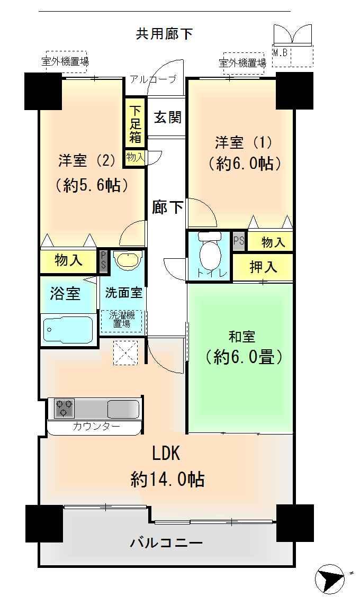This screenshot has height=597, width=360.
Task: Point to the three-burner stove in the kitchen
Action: (x=65, y=408)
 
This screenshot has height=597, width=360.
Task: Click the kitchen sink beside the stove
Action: (x=123, y=409)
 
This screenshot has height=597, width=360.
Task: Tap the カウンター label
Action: (x=96, y=427)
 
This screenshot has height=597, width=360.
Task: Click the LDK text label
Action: (x=166, y=454)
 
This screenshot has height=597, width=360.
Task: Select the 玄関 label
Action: (x=168, y=117)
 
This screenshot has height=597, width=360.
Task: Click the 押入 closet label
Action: (x=263, y=267)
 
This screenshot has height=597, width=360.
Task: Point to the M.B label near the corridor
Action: (x=280, y=53)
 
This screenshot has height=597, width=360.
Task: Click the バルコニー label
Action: (x=166, y=542)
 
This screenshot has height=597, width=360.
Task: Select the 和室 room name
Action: (x=241, y=337)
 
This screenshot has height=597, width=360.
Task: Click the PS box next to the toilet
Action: (x=239, y=241)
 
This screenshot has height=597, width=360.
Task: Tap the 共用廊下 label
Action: (x=164, y=34)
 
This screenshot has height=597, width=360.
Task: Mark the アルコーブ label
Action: (x=154, y=79)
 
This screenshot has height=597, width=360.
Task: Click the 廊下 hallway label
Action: (x=167, y=207)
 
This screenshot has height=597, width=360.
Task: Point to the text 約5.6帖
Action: (x=92, y=185)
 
